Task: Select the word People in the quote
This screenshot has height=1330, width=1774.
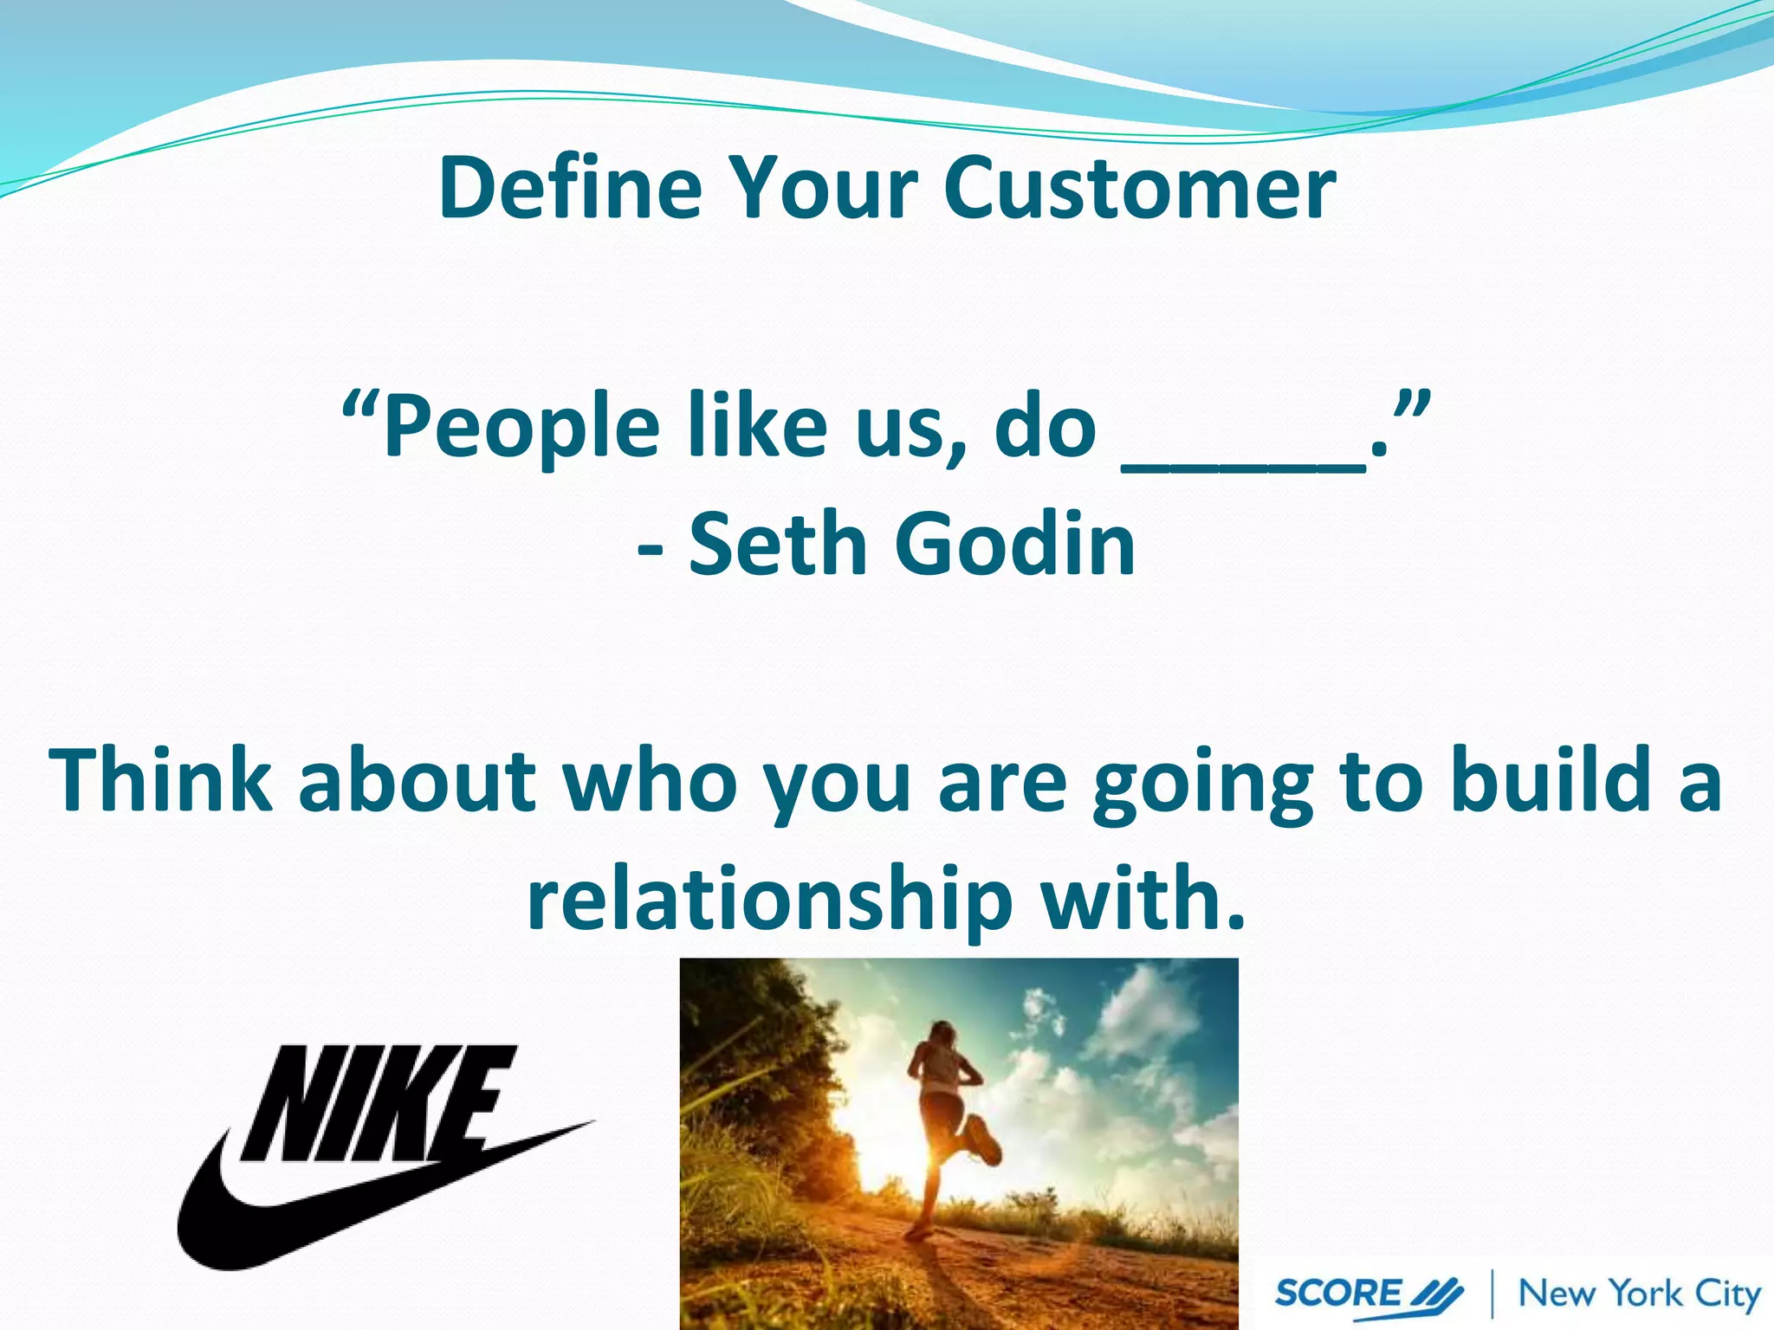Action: tap(521, 427)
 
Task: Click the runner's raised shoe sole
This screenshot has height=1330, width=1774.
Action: tap(985, 1140)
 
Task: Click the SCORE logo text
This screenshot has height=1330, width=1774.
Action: tap(1338, 1293)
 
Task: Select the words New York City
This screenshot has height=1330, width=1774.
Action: tap(1639, 1293)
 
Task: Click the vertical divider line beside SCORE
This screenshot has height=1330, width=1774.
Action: tap(1492, 1294)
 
